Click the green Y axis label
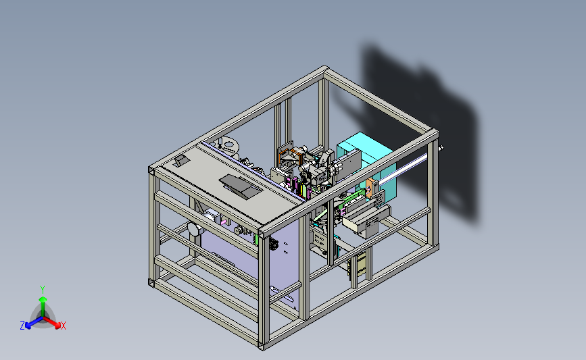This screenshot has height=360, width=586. tap(43, 290)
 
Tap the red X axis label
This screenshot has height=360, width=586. tap(63, 326)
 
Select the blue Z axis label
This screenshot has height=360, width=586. tap(22, 326)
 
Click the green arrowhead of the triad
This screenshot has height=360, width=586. tap(43, 299)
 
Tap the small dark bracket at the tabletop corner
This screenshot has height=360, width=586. tap(182, 161)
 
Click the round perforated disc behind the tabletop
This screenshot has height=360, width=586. tap(228, 146)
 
